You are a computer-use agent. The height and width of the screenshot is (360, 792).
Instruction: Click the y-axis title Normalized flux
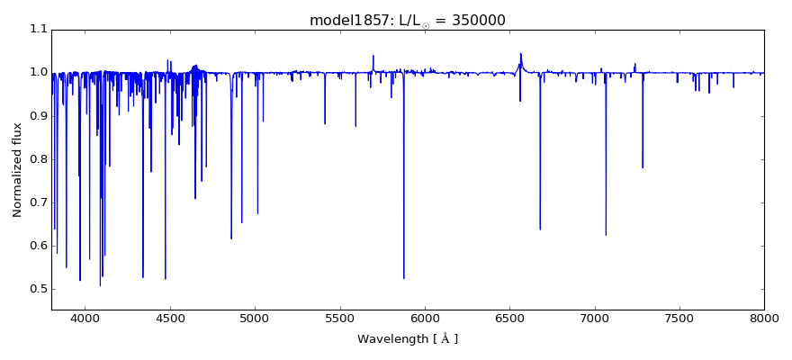17,170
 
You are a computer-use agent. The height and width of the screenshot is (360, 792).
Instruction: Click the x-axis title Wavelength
407,339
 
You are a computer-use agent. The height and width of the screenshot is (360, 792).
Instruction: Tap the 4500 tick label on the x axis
170,317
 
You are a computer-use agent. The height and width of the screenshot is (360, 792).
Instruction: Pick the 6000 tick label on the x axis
425,317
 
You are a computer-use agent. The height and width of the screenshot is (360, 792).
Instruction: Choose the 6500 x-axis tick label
509,317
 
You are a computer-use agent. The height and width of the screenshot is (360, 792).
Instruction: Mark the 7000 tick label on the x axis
594,317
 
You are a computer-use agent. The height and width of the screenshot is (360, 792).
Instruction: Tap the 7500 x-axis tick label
679,317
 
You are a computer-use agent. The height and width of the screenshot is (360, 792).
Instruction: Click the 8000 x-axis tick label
763,317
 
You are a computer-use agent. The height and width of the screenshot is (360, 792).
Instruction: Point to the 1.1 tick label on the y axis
37,30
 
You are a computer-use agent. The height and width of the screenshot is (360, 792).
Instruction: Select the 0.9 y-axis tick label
37,116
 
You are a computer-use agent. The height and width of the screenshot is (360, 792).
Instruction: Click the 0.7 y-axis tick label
37,202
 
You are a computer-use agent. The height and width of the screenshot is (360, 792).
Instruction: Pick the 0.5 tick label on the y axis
37,289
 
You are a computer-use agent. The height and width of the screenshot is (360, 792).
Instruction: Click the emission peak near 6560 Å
520,53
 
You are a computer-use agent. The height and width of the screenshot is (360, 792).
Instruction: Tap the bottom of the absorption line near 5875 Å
403,278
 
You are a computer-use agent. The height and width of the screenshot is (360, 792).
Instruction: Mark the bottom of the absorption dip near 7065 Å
606,235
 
